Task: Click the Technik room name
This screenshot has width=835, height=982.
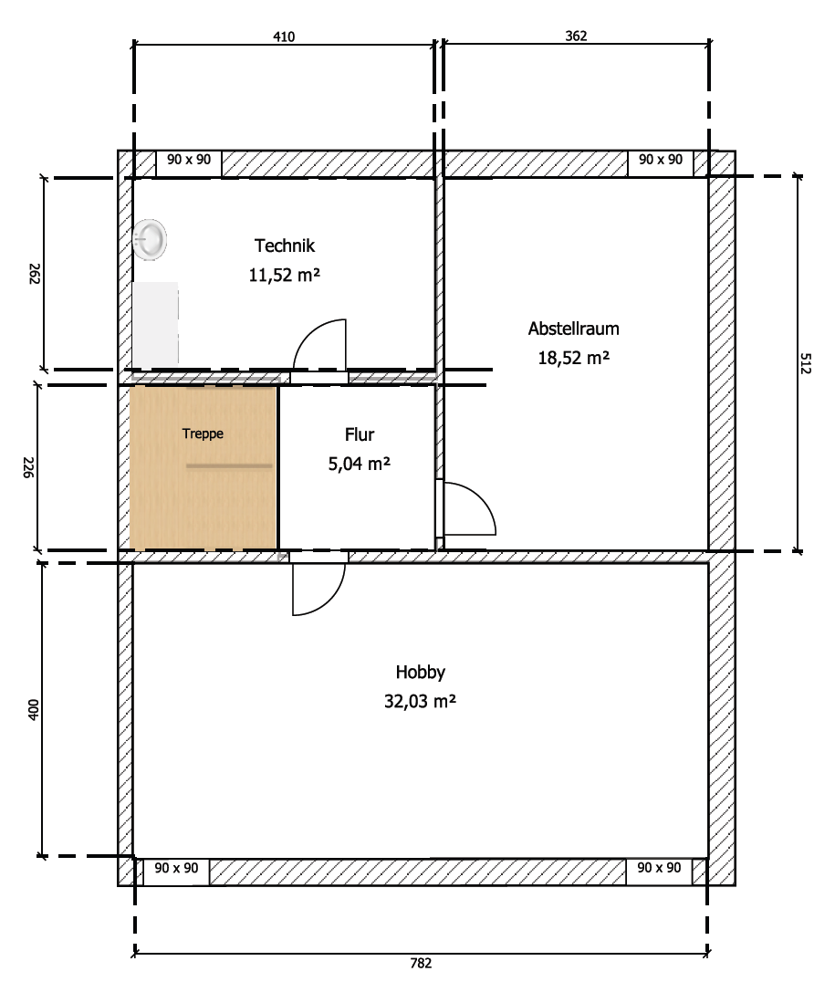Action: pyautogui.click(x=285, y=245)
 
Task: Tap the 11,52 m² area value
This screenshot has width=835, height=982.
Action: pyautogui.click(x=285, y=275)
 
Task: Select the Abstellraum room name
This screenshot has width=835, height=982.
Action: pyautogui.click(x=573, y=329)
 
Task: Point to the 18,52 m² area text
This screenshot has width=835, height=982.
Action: pyautogui.click(x=573, y=358)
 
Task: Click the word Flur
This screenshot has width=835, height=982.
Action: pyautogui.click(x=359, y=434)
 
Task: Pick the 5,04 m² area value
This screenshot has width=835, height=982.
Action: pyautogui.click(x=359, y=464)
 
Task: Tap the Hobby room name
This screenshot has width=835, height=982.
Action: pyautogui.click(x=421, y=673)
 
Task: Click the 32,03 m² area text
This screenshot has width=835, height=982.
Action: pyautogui.click(x=420, y=702)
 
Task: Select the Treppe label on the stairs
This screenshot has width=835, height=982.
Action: pyautogui.click(x=203, y=434)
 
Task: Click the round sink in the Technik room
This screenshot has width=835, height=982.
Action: pyautogui.click(x=151, y=238)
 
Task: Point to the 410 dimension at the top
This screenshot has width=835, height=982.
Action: pyautogui.click(x=284, y=37)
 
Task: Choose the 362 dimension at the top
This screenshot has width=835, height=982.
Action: pyautogui.click(x=576, y=37)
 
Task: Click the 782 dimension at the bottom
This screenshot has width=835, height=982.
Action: pyautogui.click(x=421, y=963)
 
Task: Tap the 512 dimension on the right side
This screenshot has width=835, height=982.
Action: pyautogui.click(x=806, y=363)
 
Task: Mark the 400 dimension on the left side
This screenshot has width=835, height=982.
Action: pyautogui.click(x=34, y=709)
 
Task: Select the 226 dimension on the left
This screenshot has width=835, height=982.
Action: pyautogui.click(x=29, y=467)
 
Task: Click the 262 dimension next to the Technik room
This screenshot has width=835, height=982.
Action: pyautogui.click(x=35, y=274)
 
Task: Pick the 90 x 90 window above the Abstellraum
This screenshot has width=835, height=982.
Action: pyautogui.click(x=660, y=162)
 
